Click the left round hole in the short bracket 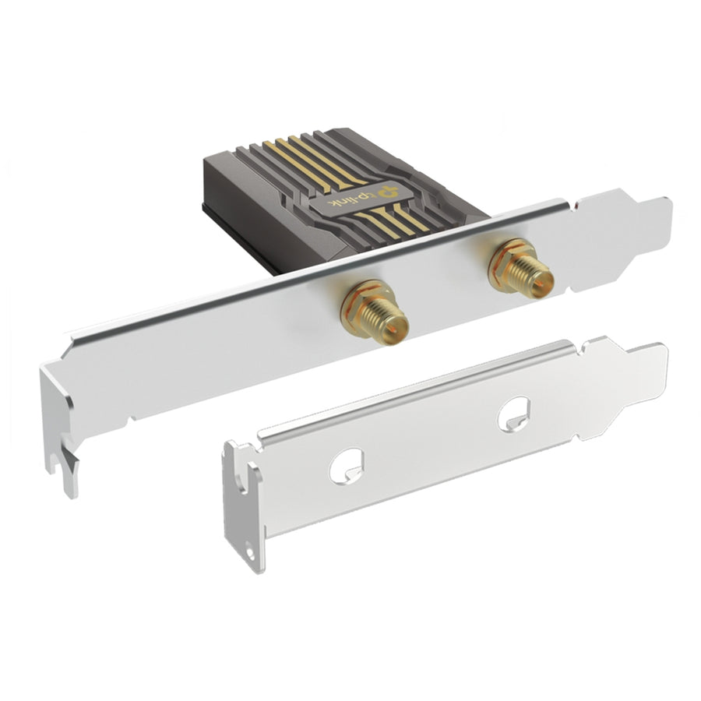[x=346, y=466]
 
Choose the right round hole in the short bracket [x=514, y=414]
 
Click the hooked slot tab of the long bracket [x=67, y=465]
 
